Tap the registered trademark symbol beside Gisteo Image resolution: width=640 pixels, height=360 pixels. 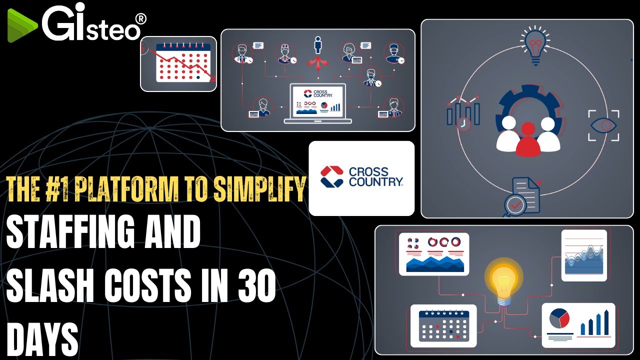point(141,19)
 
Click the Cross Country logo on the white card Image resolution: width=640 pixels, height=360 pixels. point(361,177)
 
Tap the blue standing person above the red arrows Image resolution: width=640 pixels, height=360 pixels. point(318,45)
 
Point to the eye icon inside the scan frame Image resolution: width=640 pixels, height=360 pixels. point(603,125)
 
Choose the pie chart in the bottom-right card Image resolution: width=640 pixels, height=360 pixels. point(559,319)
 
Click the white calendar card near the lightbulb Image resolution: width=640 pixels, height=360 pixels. point(443,325)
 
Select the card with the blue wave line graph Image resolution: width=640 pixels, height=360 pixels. point(584,255)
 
